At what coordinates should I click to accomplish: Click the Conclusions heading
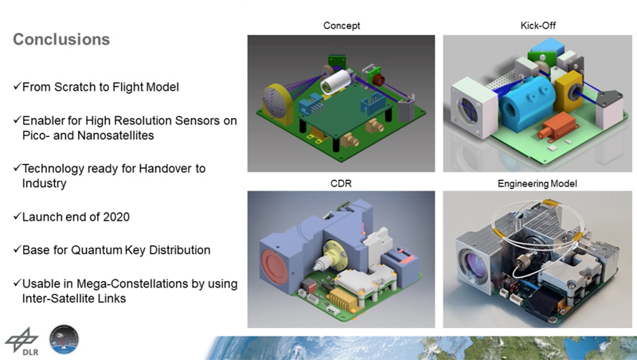coord(61,39)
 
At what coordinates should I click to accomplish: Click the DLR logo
coord(22,342)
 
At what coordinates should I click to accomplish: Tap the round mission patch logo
coord(64,339)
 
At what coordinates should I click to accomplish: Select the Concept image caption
coord(342,25)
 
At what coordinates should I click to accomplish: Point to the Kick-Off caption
coord(538,25)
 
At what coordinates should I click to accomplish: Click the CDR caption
coord(341,184)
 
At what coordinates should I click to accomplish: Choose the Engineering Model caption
coord(537,184)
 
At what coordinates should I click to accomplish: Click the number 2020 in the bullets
coord(116,217)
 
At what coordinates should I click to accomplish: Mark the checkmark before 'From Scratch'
coord(17,86)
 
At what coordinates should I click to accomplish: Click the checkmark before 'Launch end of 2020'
coord(17,216)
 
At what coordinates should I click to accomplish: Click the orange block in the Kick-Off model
coord(556,126)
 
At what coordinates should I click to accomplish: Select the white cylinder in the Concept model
coord(335,82)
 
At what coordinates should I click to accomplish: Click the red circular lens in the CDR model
coord(274,267)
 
